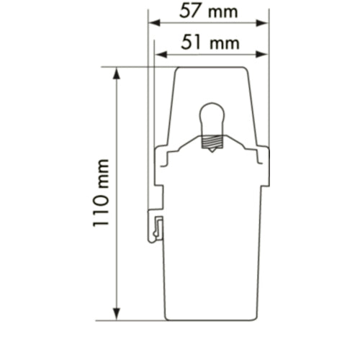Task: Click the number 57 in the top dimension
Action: [190, 12]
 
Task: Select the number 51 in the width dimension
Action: [191, 43]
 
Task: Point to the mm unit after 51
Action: [223, 43]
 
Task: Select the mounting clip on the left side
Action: [156, 225]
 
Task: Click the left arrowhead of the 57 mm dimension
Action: [153, 22]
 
